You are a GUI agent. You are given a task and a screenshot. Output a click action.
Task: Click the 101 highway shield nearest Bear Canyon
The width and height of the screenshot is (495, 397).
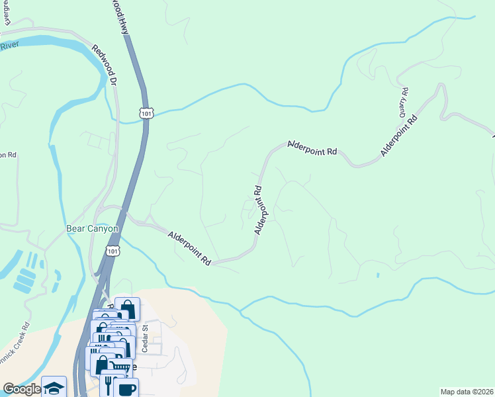click(113, 251)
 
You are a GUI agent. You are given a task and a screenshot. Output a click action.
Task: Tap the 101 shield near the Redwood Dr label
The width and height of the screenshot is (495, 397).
click(146, 113)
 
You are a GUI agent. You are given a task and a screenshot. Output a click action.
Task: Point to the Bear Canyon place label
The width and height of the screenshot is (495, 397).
click(92, 229)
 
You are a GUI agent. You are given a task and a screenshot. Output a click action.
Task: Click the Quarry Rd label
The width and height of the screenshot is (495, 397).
click(403, 103)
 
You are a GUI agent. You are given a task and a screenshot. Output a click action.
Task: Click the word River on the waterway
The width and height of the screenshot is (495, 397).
click(9, 46)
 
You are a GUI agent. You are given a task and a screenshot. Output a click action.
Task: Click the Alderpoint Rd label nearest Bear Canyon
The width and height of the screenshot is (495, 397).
click(189, 248)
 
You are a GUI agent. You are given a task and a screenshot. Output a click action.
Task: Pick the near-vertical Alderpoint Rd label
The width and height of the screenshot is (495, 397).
click(259, 210)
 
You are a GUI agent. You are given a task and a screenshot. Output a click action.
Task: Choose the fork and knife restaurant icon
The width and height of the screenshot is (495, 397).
click(109, 382)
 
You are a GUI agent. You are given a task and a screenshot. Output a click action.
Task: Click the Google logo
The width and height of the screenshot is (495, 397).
click(21, 390)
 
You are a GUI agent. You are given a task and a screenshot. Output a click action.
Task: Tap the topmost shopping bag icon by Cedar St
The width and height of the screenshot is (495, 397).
click(127, 309)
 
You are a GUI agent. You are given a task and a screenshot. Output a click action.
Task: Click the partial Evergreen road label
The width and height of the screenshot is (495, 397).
click(8, 14)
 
